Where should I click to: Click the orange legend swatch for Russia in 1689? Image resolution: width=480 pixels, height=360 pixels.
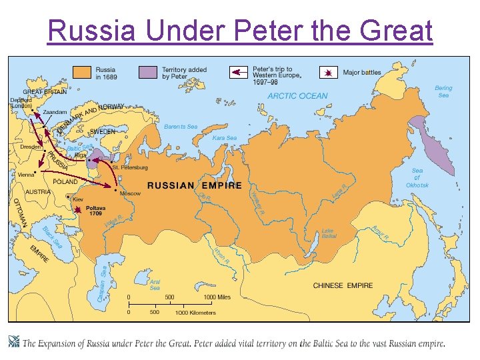(83, 73)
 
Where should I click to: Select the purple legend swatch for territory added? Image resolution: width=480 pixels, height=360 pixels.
(148, 73)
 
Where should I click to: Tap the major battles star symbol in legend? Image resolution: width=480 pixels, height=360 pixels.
(328, 72)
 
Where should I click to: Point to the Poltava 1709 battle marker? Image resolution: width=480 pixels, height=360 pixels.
(79, 211)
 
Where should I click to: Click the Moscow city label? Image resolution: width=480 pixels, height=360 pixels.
(130, 193)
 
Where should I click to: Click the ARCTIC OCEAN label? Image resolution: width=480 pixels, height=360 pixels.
(297, 96)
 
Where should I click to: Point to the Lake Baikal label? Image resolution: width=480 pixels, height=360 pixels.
(329, 233)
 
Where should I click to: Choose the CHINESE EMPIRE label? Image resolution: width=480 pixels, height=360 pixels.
(343, 285)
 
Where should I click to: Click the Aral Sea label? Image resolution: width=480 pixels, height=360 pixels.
(154, 285)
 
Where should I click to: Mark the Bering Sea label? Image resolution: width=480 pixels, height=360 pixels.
(443, 91)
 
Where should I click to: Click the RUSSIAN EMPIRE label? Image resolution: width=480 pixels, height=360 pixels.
(194, 185)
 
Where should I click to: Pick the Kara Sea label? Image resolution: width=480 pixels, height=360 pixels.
(224, 138)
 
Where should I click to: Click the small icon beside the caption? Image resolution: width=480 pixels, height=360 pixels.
(14, 342)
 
